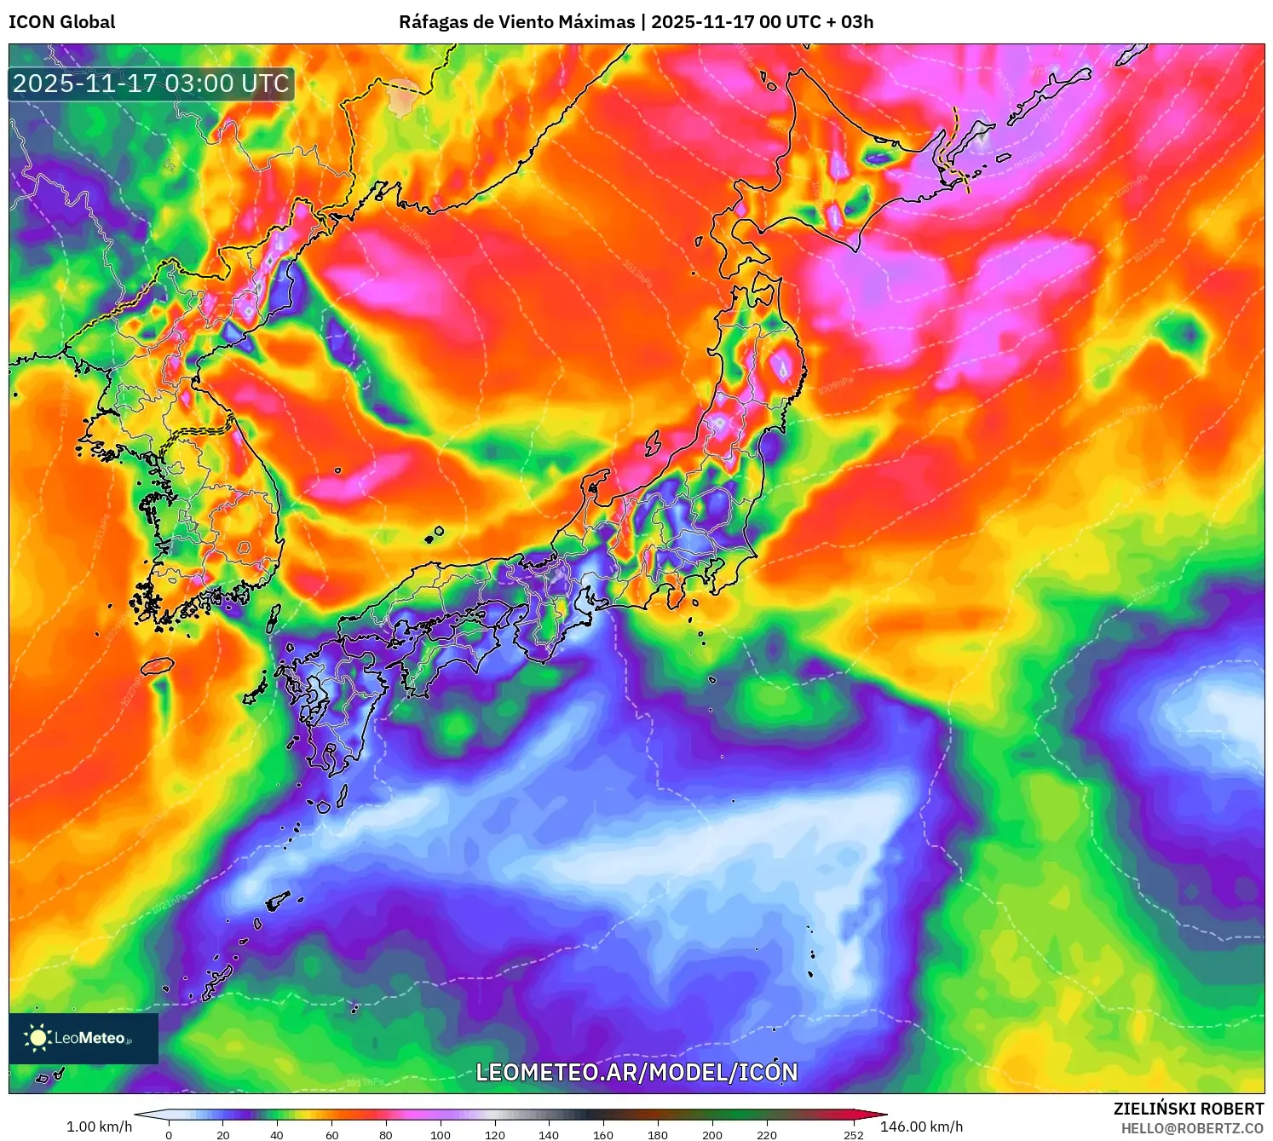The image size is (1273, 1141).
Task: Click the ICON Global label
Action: click(61, 22)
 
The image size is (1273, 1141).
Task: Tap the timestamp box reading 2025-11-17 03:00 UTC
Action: click(151, 84)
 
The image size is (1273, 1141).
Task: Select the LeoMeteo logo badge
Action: click(84, 1038)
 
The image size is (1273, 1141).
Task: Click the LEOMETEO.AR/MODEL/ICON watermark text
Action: click(636, 1072)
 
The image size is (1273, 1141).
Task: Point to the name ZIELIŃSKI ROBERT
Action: click(1189, 1109)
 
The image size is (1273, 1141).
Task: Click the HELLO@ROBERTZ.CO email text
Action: click(1192, 1128)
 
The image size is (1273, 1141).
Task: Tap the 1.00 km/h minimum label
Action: click(99, 1127)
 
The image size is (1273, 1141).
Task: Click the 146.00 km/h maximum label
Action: click(921, 1127)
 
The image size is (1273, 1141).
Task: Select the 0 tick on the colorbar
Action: click(169, 1134)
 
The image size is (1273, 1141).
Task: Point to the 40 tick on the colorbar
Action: click(277, 1134)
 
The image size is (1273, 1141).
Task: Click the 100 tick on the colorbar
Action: click(440, 1134)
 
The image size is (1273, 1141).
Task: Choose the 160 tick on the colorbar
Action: click(603, 1134)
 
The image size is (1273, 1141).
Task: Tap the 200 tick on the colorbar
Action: click(712, 1134)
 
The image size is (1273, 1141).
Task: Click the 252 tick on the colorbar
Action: click(854, 1134)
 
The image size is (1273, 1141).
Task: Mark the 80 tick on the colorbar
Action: click(386, 1134)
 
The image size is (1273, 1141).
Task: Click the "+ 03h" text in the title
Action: click(850, 22)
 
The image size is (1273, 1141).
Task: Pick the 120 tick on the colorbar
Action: click(494, 1134)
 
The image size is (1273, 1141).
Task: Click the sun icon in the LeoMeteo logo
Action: click(37, 1037)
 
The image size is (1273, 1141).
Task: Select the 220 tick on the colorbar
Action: click(767, 1134)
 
